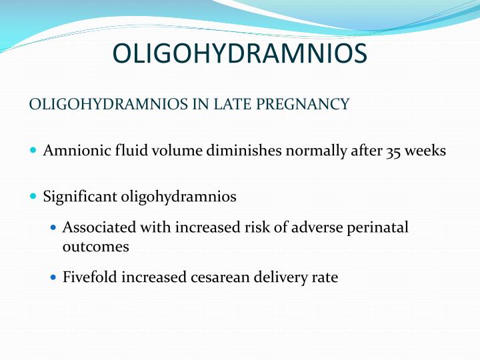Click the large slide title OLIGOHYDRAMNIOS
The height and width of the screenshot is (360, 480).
239,54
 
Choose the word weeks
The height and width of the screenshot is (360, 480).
425,151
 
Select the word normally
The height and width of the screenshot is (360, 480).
313,151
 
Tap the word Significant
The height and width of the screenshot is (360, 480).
80,197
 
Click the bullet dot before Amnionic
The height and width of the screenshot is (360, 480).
34,151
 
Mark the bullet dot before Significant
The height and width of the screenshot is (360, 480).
34,197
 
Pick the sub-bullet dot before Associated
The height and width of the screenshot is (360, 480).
54,228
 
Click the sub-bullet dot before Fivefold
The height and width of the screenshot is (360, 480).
54,277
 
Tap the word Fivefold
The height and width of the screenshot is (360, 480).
89,277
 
